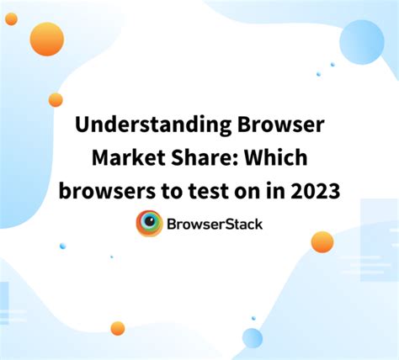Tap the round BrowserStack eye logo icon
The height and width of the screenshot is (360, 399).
[150, 224]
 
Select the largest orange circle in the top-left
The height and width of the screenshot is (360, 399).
[47, 39]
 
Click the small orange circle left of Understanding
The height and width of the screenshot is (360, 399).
[56, 100]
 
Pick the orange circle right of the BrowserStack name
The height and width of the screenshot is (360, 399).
[322, 241]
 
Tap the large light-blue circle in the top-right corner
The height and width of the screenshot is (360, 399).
[362, 42]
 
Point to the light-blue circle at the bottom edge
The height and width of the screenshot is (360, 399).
[253, 338]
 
